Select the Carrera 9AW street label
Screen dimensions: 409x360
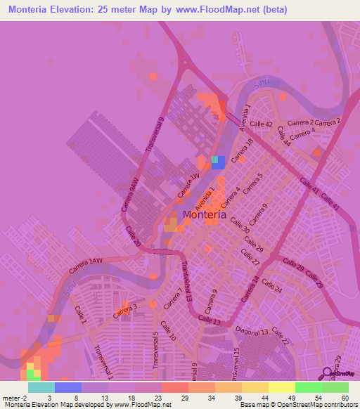(x=133, y=193)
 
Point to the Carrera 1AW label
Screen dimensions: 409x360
(x=86, y=265)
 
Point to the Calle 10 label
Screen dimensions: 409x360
(x=167, y=330)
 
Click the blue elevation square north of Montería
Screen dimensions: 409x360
(x=219, y=163)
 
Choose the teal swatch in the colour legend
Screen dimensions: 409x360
(x=41, y=387)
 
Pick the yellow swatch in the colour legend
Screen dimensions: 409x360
(x=282, y=387)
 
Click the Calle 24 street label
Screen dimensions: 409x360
(x=273, y=289)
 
